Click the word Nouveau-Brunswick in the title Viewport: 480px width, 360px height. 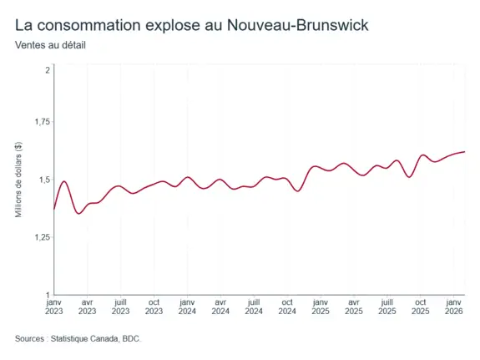point(297,25)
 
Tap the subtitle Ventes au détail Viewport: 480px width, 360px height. point(50,45)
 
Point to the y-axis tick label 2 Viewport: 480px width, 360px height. point(48,70)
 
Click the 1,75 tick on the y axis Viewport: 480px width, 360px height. point(43,122)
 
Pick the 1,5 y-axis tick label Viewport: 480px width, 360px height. point(44,180)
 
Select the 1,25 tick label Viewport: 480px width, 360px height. point(43,237)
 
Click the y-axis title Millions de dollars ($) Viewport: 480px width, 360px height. point(18,180)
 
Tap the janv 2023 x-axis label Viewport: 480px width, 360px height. point(54,307)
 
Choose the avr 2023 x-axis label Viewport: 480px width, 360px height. point(88,307)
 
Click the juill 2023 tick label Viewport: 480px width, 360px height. point(120,307)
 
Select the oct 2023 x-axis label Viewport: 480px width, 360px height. point(154,307)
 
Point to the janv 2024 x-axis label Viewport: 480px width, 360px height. point(187,307)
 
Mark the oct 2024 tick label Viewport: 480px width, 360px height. point(287,307)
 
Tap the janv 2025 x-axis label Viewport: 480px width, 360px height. point(321,307)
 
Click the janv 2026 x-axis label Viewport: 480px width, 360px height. point(453,307)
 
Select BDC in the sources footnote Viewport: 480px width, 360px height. point(131,339)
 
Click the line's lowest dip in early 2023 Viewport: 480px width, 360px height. point(79,214)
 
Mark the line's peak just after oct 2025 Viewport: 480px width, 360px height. point(423,155)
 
